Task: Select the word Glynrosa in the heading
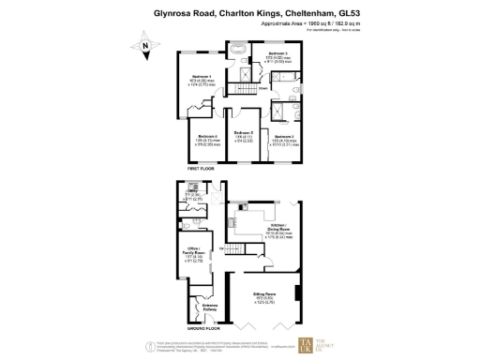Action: click(x=174, y=13)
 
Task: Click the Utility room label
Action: click(x=190, y=193)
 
